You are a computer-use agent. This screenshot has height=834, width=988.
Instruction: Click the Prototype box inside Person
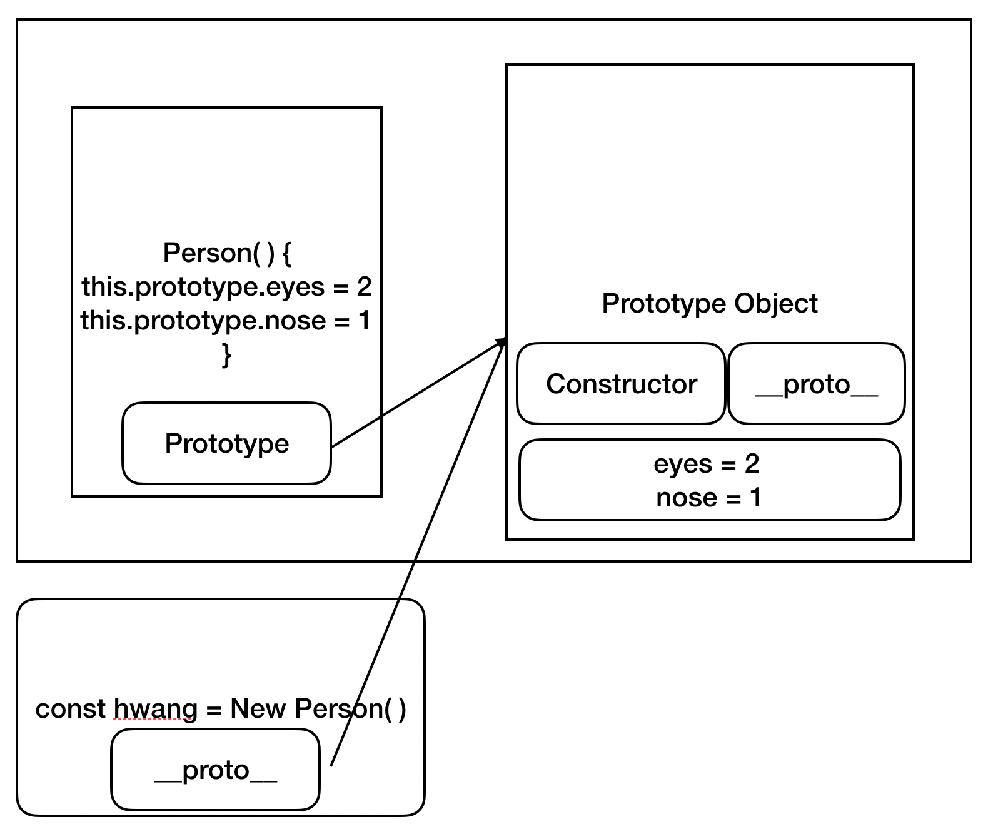226,443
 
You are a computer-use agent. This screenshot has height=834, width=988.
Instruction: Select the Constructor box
621,384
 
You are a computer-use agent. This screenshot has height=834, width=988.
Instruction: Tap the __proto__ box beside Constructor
817,384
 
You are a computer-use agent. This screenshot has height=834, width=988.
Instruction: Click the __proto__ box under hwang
215,770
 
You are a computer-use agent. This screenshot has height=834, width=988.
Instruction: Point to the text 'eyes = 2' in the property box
707,464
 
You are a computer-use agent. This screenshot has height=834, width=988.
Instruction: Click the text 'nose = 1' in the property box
708,498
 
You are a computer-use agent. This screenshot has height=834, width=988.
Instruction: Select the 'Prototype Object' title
709,304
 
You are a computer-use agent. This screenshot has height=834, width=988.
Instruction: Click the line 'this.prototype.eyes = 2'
226,287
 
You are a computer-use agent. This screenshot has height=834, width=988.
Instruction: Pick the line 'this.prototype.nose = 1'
225,321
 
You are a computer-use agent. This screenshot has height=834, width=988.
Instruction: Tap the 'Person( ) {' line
227,253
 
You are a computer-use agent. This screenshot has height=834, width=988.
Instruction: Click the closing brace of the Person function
226,355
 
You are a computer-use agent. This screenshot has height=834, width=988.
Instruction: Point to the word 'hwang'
155,709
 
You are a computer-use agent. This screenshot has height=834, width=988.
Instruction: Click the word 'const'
70,709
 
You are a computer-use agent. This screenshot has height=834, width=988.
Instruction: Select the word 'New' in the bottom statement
258,709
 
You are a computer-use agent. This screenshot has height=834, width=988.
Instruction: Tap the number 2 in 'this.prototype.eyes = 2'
364,287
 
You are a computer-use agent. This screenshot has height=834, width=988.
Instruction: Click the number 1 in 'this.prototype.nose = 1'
364,321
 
